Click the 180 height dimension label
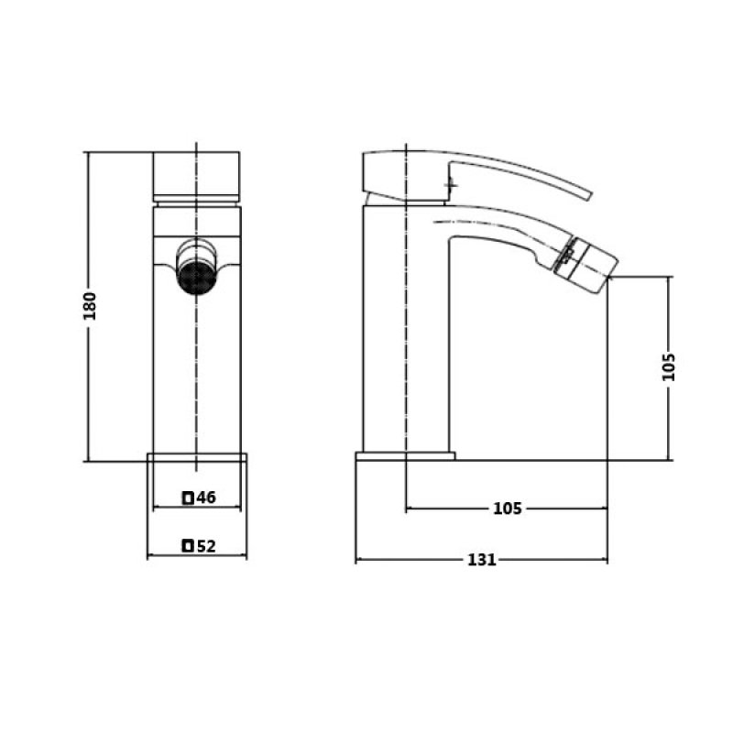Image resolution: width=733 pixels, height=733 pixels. coord(90,306)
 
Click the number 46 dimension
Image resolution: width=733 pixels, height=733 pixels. coord(205,498)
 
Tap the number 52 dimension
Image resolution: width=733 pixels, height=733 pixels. coord(205,546)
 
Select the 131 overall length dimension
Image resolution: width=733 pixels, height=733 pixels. coord(481,560)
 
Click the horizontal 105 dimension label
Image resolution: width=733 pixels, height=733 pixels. coord(507,509)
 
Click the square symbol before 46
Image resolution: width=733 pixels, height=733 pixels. coord(188,498)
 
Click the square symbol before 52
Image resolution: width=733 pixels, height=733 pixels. coord(188,546)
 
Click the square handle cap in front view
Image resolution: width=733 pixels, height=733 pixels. coord(197,176)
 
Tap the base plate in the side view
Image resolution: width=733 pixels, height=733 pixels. coord(405,455)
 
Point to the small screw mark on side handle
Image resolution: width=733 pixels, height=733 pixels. coord(450,186)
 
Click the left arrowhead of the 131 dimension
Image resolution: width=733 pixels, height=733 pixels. coord(358,560)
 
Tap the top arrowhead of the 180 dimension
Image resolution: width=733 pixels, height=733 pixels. coord(88,156)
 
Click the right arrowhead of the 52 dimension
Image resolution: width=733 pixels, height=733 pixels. coord(245,555)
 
